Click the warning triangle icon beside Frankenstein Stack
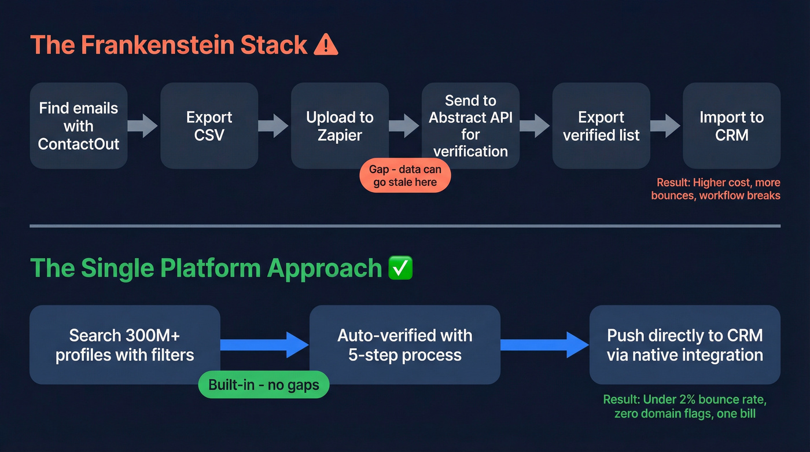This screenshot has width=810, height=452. coord(326,45)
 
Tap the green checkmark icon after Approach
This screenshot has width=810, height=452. coord(400,269)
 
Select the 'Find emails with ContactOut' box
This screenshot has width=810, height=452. coord(79,126)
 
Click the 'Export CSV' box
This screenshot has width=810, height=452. coord(209,126)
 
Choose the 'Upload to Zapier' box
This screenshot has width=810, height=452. coord(340,126)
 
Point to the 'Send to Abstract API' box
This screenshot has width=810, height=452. coord(470,126)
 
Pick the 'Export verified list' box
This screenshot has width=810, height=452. coord(601,126)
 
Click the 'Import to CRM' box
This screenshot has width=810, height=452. coord(731,126)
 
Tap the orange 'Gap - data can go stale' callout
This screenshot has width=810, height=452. coord(405,176)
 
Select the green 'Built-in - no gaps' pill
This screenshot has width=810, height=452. coord(264,385)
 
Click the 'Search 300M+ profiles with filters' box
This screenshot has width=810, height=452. coord(125,345)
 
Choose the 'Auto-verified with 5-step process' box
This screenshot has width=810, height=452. coord(405,345)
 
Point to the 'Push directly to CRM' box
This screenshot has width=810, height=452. coord(684,345)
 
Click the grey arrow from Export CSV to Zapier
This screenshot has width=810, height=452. coord(273,126)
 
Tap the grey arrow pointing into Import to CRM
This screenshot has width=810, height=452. coord(665,126)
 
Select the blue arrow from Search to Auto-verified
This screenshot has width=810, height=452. coord(264,345)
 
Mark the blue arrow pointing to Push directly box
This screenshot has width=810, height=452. coord(544,345)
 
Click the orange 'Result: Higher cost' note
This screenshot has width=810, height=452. coord(716,189)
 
